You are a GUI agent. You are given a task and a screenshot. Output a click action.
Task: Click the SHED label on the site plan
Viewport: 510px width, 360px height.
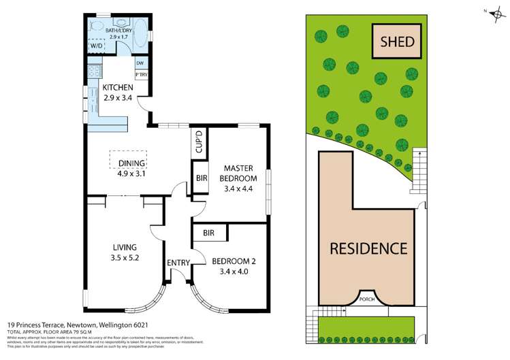[396, 42]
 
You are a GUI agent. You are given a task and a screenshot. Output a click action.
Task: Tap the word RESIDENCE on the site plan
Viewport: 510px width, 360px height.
[368, 248]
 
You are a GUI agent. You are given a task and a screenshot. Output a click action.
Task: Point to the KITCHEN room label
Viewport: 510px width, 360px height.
[117, 88]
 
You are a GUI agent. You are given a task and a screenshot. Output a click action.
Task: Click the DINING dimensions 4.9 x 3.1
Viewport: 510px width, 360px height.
[132, 173]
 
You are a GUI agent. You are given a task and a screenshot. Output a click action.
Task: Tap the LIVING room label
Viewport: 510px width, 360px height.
[125, 246]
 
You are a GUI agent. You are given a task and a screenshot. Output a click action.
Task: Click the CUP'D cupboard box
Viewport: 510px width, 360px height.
[200, 143]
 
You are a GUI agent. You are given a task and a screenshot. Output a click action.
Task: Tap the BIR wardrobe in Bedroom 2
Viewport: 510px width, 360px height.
[209, 233]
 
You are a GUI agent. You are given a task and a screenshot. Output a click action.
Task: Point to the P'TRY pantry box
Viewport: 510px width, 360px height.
[142, 75]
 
